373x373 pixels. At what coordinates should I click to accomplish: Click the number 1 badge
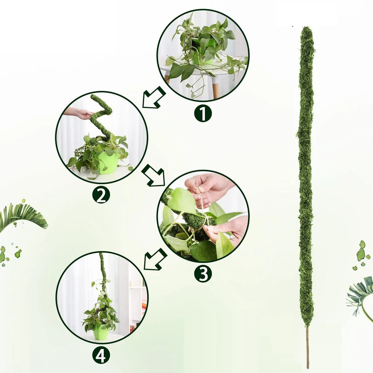click(x=203, y=113)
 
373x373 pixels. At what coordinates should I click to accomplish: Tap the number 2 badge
click(x=101, y=195)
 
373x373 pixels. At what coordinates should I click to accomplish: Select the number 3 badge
click(x=203, y=274)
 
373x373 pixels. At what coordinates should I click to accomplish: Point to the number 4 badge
click(x=101, y=355)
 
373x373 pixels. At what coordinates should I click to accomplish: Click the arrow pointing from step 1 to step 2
click(x=154, y=98)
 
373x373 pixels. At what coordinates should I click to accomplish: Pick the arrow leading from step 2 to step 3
click(x=154, y=176)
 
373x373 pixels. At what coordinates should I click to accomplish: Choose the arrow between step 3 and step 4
click(x=154, y=259)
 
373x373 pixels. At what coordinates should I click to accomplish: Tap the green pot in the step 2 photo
click(x=107, y=163)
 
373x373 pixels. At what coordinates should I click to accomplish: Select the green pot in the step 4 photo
click(x=101, y=332)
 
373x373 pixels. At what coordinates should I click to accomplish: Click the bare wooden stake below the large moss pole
click(x=308, y=347)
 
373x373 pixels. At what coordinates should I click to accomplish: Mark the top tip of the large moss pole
click(x=307, y=29)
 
